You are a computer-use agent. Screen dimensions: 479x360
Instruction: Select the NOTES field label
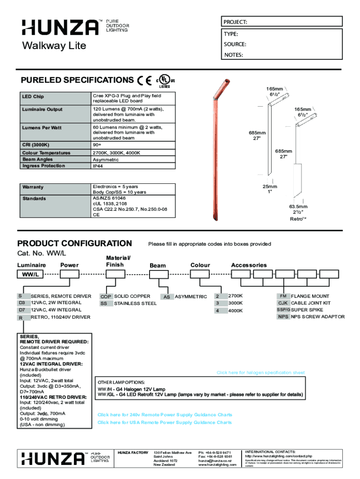click(x=233, y=55)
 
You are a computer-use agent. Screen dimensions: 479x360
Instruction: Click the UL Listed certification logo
click(x=165, y=81)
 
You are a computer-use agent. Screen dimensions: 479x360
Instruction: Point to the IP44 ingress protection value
click(x=99, y=166)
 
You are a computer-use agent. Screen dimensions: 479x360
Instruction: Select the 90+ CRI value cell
click(x=97, y=145)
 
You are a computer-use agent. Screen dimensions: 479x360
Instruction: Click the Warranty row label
click(x=33, y=187)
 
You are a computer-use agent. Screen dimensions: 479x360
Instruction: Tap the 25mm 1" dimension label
click(x=269, y=189)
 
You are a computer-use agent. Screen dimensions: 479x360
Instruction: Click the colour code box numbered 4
click(x=217, y=311)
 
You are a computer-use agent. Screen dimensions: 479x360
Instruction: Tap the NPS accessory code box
click(x=283, y=317)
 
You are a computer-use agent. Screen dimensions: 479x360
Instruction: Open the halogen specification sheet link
click(x=260, y=373)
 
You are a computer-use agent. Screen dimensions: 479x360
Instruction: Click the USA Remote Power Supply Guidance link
click(x=164, y=422)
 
